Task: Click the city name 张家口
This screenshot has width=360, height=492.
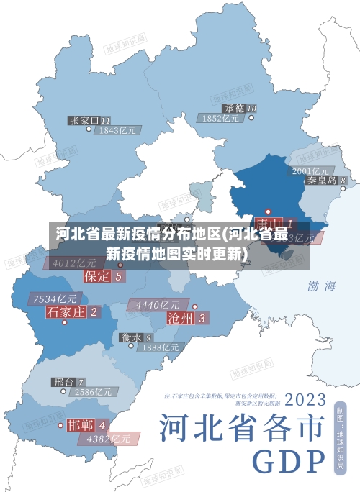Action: coord(84,120)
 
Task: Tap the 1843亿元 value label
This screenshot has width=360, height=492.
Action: coord(118,130)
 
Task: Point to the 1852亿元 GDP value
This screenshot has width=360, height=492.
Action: coord(221,118)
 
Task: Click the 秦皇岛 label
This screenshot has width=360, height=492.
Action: coord(322,181)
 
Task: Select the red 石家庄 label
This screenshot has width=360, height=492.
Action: coord(66,311)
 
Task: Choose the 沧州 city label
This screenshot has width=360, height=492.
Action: coord(180,317)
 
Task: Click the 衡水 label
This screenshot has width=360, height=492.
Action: coord(131,337)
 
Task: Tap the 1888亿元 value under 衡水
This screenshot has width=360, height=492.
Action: coord(160,347)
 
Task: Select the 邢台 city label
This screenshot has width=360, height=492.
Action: coord(63,381)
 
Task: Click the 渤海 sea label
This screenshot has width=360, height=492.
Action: coord(321,286)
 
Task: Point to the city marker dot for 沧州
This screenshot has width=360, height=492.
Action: coord(194,306)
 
